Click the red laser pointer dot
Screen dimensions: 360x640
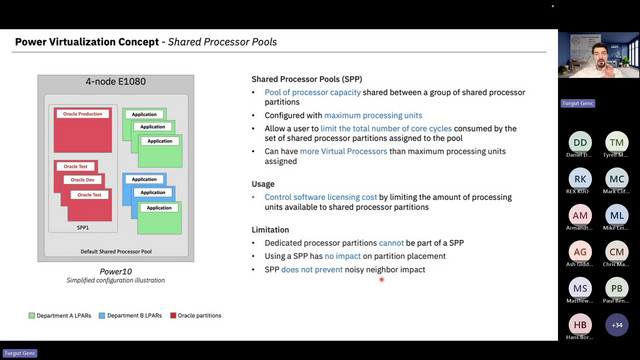[x=382, y=280]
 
